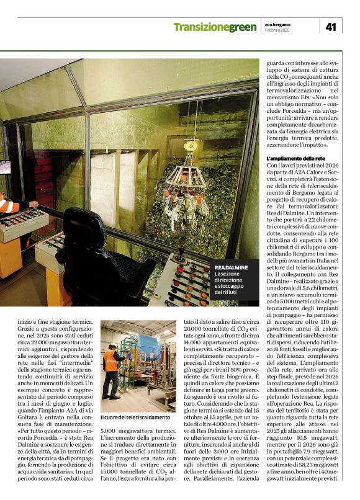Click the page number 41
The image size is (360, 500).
tap(330, 27)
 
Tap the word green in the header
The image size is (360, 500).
tap(242, 27)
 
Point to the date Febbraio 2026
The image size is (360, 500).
tap(277, 30)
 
